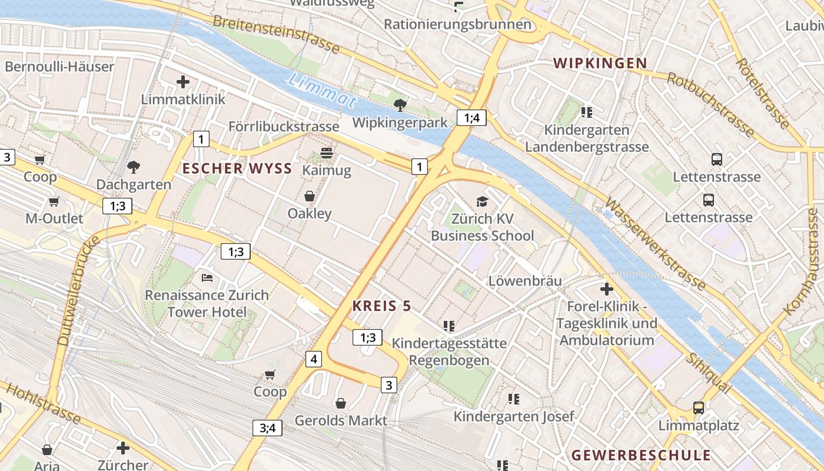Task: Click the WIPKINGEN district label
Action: coord(600,63)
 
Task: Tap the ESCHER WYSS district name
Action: coord(237,168)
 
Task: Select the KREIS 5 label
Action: coord(381,306)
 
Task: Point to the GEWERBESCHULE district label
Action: coord(641,455)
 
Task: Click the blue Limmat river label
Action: coord(323,90)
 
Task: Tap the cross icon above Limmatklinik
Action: coord(183,82)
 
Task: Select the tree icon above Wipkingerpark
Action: coord(400,105)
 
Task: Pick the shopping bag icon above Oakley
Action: coord(310,196)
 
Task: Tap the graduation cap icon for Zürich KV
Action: coord(482,201)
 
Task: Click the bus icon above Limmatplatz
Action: coord(699,407)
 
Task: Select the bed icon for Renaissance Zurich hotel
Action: coord(207,277)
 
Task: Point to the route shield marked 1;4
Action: coord(471,118)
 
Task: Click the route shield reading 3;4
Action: coord(267,428)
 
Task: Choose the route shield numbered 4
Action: coord(314,359)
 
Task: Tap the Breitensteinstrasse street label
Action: coord(276,34)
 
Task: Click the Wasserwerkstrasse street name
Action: coord(654,244)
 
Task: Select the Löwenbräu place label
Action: coord(525,281)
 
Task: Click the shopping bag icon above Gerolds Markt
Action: coord(341,403)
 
